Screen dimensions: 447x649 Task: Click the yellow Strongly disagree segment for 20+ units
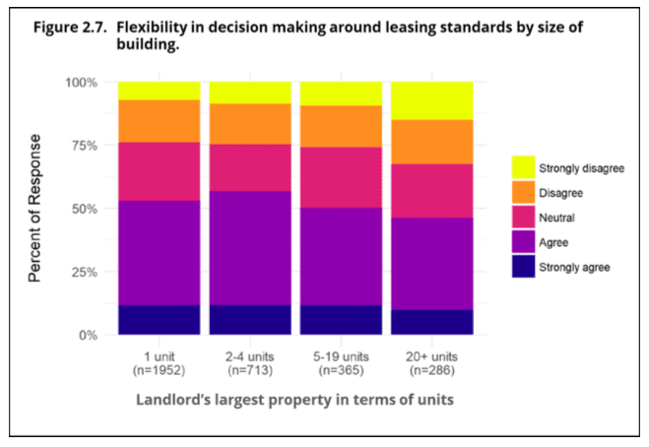(431, 100)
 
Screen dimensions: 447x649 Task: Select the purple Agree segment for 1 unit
(158, 253)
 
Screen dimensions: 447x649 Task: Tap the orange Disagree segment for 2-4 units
(249, 124)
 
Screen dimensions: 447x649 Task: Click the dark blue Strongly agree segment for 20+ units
(431, 323)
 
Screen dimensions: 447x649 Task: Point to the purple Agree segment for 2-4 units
(249, 248)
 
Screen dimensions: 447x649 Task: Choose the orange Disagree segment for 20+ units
(431, 142)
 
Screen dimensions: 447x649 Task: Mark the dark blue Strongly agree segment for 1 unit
(158, 320)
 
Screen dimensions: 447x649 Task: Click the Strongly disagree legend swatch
(523, 167)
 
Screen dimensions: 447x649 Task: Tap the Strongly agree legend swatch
(523, 267)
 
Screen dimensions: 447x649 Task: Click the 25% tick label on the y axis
(85, 273)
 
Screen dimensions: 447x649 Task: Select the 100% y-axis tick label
(82, 83)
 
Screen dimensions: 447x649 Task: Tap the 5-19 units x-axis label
(340, 356)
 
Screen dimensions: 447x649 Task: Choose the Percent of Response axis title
(35, 210)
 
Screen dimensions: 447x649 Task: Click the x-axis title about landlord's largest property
(294, 402)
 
